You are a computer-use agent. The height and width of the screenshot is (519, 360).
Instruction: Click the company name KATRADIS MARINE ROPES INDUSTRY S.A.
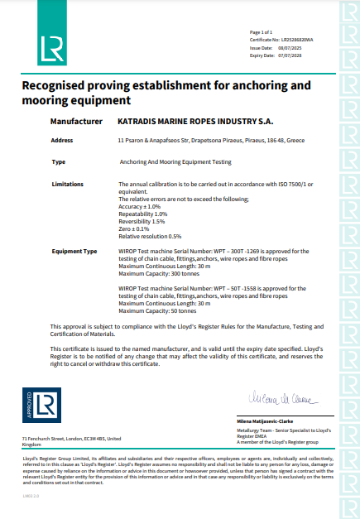[x=190, y=121]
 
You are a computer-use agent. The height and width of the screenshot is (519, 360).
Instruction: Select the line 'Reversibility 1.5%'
[x=142, y=222]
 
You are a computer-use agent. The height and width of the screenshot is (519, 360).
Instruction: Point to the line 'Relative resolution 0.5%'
[x=150, y=236]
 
